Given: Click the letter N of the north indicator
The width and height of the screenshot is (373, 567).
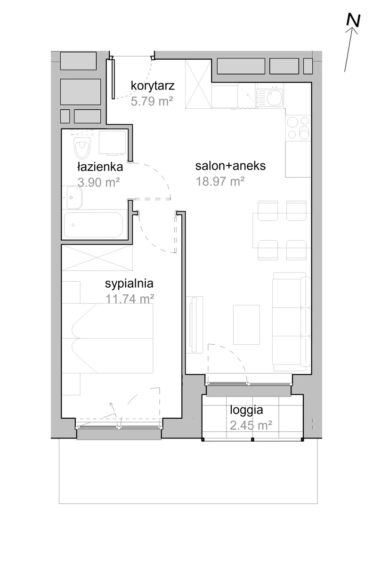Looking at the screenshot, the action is (x=354, y=20).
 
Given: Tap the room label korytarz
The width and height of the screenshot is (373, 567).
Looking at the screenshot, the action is (x=153, y=86).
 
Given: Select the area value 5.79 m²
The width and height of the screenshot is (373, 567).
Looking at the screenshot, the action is (x=152, y=101).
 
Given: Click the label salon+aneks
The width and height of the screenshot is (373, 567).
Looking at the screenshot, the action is (x=230, y=166).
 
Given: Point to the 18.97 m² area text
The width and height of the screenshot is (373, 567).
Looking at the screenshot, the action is (x=220, y=181).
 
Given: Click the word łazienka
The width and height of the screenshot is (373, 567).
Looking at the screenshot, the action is (x=100, y=167).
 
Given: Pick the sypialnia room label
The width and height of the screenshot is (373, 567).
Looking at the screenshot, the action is (x=129, y=284).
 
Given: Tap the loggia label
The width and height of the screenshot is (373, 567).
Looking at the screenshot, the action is (x=246, y=410).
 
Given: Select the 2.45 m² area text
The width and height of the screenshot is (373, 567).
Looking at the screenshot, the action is (x=251, y=425).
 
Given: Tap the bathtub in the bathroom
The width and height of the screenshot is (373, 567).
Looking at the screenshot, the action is (x=94, y=225).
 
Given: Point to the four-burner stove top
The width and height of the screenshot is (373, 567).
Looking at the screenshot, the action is (x=298, y=128).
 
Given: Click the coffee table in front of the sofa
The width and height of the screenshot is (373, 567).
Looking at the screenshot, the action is (x=246, y=324).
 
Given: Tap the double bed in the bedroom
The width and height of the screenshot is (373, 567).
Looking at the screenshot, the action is (x=107, y=338).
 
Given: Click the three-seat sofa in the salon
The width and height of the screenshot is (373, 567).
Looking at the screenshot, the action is (x=292, y=322).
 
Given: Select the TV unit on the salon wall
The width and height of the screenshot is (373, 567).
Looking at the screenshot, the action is (x=194, y=325).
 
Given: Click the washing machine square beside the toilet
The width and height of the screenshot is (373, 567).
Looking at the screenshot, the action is (x=112, y=142).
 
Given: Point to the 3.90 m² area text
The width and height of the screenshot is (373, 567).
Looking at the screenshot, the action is (x=98, y=182).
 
